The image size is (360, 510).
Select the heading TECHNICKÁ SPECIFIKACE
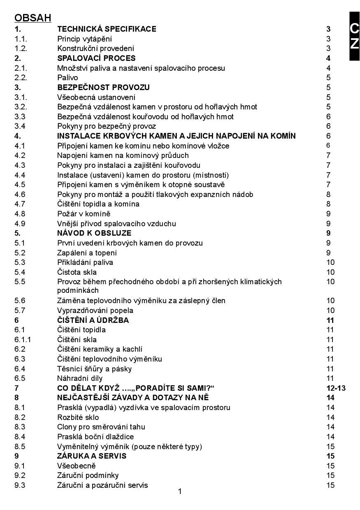coord(107,29)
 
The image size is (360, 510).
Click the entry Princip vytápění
coord(84,39)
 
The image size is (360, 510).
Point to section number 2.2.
coord(21,78)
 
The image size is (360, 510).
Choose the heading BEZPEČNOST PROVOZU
coord(103,88)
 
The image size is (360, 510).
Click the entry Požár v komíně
coord(84,214)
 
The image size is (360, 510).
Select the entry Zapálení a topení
coord(87,253)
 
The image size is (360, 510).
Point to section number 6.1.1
coord(22,340)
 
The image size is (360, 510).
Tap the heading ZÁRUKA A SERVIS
coord(92,456)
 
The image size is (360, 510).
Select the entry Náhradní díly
coord(80,378)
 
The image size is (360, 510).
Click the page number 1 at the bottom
coord(180,491)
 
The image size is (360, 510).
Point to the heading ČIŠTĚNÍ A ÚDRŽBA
coord(93,320)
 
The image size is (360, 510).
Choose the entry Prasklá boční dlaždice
coord(95,437)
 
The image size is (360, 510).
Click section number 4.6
coord(20,195)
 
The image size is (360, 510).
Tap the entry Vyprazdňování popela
coord(95,311)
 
